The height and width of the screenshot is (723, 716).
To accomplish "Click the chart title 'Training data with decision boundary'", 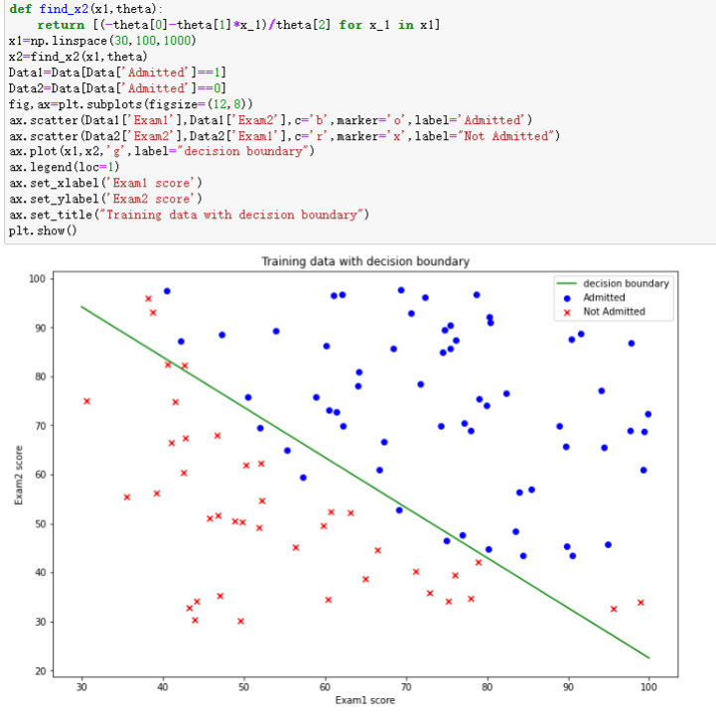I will click(364, 261).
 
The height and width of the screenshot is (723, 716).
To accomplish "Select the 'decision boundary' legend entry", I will click(626, 283).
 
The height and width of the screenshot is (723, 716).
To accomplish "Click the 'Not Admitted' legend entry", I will click(614, 311).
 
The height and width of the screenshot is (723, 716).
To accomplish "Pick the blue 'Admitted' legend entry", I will click(604, 297).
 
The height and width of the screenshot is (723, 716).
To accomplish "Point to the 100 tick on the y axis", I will click(38, 279).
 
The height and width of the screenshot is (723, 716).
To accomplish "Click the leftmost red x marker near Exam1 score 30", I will click(86, 401).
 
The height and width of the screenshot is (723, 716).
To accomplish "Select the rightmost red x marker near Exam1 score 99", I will click(641, 602).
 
